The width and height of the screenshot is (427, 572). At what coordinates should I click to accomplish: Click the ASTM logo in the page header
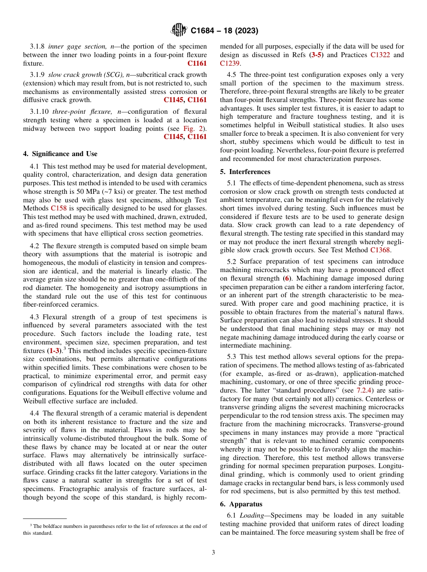[x=179, y=30]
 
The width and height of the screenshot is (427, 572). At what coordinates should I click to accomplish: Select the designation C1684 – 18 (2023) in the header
[x=224, y=31]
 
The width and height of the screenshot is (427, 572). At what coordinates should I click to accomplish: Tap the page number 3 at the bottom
[x=213, y=553]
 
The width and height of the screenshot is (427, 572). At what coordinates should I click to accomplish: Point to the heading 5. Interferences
[x=245, y=172]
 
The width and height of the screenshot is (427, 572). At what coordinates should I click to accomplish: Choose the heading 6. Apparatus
[x=241, y=504]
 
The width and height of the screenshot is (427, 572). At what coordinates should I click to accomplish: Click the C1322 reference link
[x=380, y=55]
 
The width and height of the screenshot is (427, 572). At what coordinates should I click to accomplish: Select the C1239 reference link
[x=229, y=63]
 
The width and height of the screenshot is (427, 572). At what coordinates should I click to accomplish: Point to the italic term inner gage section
[x=72, y=46]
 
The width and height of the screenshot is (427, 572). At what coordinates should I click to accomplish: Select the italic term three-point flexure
[x=74, y=112]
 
